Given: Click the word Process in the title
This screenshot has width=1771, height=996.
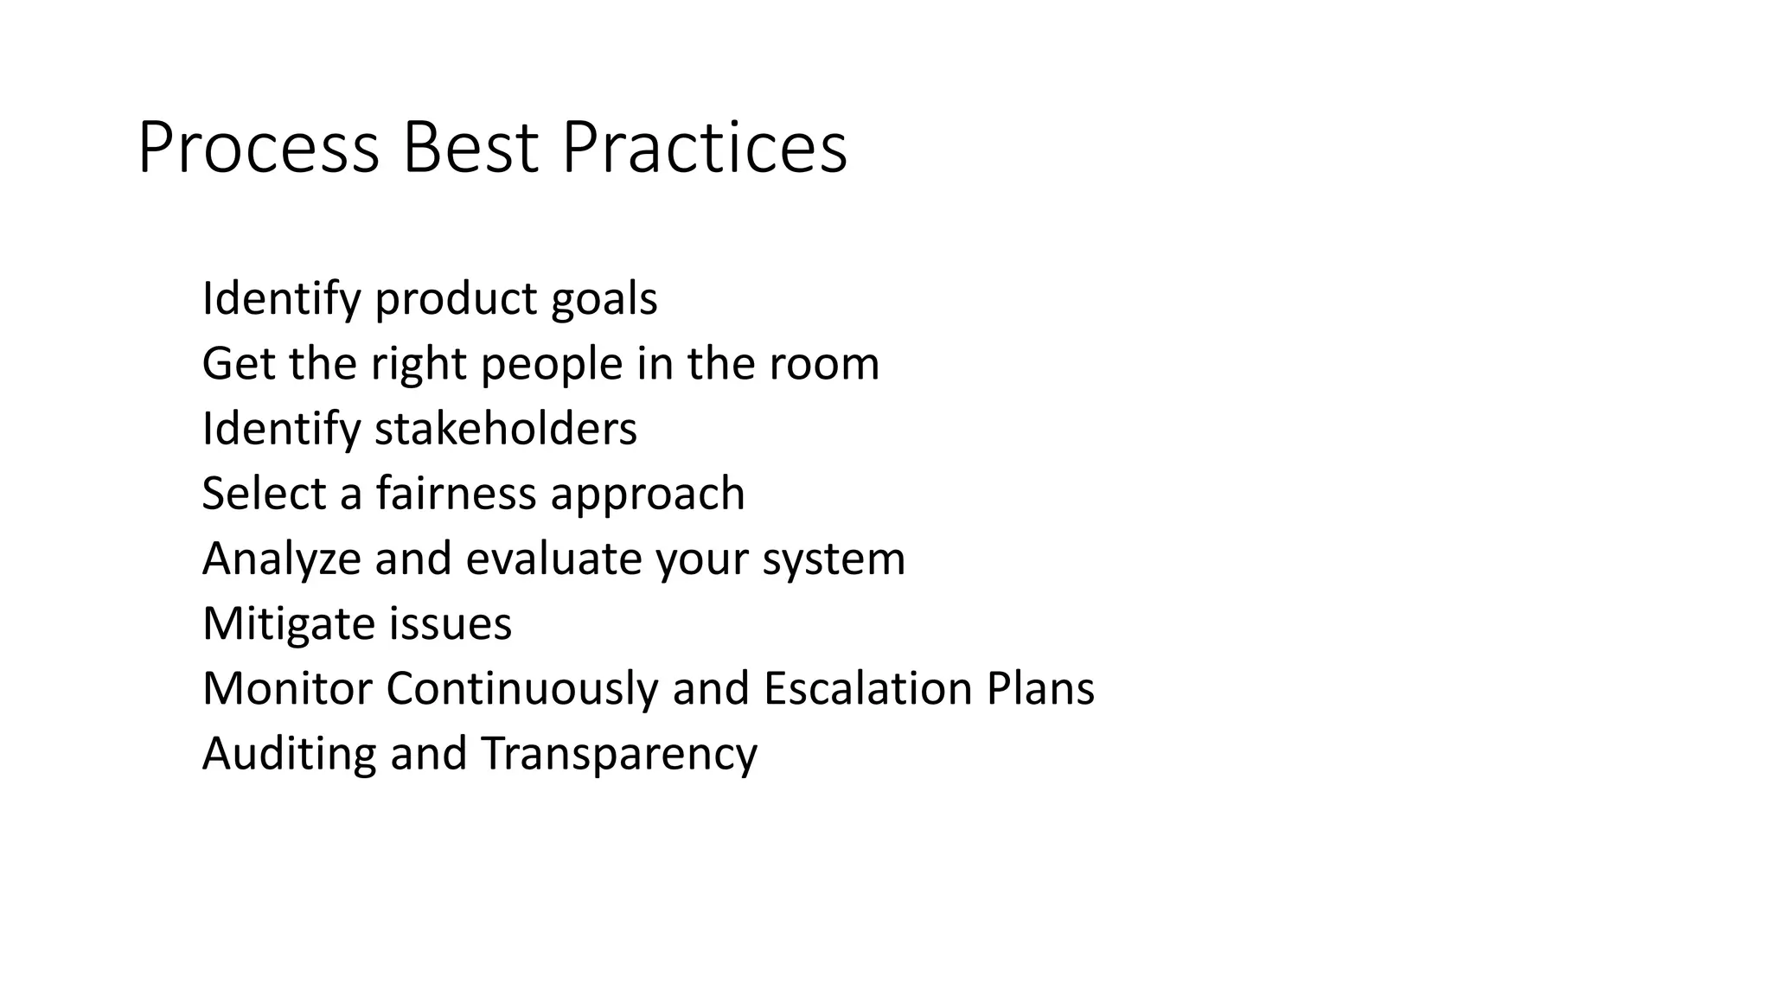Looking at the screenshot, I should coord(259,149).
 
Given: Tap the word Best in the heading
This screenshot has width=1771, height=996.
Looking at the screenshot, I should coord(470,149).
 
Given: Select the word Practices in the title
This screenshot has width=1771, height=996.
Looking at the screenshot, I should coord(705,149).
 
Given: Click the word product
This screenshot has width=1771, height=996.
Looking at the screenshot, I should coord(456,300).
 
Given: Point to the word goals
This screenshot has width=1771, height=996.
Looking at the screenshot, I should coord(604,300).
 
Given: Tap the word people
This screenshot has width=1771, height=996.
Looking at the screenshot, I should coord(552,365).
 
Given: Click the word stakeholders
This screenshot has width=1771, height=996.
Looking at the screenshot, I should coord(506,429).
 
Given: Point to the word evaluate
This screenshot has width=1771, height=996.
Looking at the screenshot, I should coord(553,559).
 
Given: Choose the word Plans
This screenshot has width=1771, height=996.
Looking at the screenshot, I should coord(1040,688).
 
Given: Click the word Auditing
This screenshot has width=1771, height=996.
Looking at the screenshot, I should coord(289,754).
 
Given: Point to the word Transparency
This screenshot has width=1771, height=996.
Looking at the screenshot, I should coord(619,754).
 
